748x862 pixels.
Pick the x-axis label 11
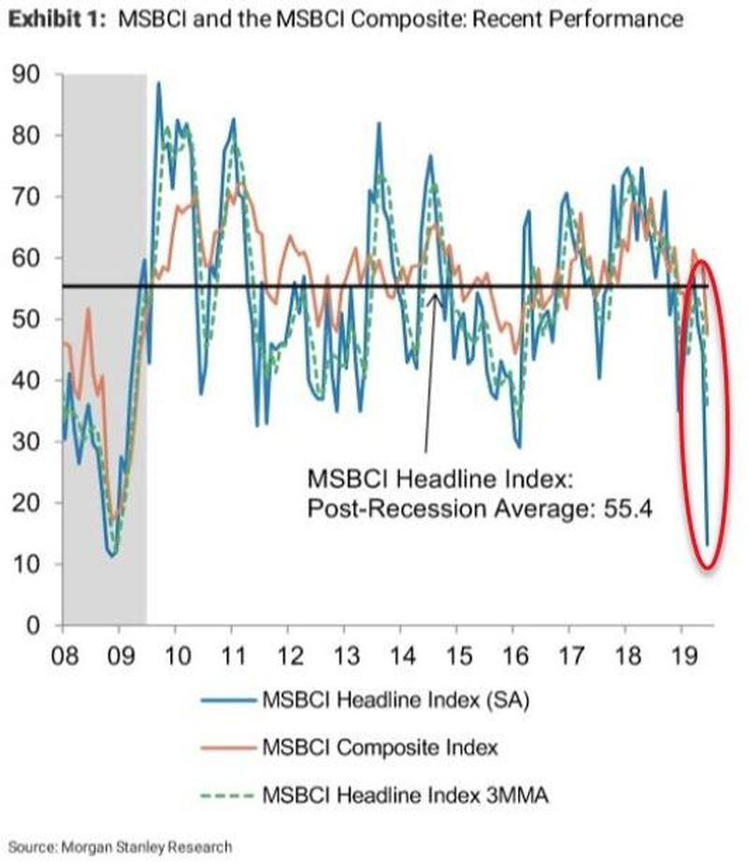coord(233,651)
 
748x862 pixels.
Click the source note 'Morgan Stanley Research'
coord(148,846)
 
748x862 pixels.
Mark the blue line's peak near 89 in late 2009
coord(158,83)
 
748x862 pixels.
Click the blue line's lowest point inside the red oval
coord(707,545)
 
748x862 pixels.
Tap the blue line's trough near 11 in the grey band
coord(112,556)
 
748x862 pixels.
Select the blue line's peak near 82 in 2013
coord(379,123)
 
